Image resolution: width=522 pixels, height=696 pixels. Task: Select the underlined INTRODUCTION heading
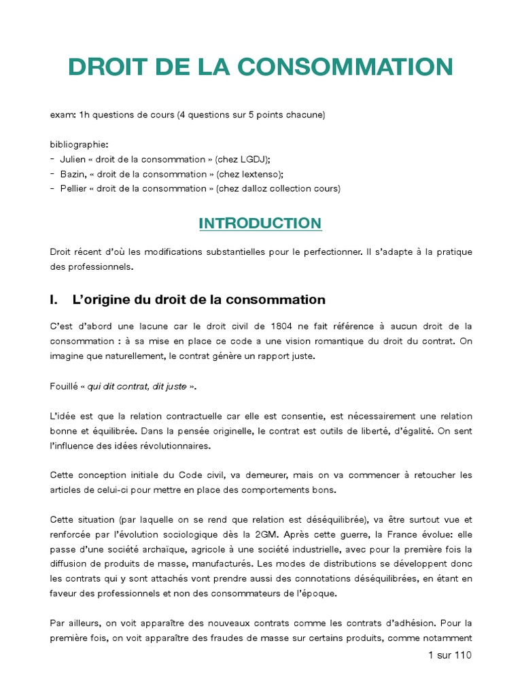pyautogui.click(x=260, y=223)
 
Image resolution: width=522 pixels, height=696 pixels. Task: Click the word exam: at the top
pyautogui.click(x=63, y=115)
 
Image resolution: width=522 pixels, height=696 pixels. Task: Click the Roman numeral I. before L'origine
pyautogui.click(x=55, y=300)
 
